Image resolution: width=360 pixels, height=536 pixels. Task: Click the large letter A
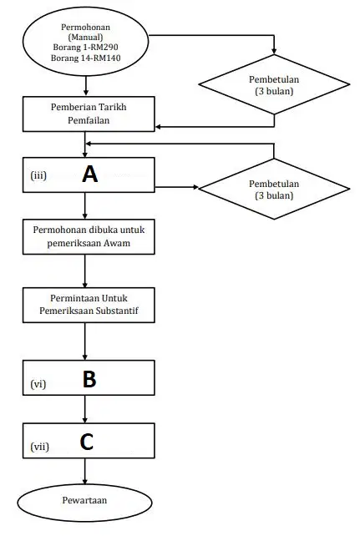point(90,174)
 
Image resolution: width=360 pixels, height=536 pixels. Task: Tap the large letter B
point(89,379)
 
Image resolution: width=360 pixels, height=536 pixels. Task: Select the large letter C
point(87,442)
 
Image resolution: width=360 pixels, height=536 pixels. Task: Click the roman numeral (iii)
point(38,175)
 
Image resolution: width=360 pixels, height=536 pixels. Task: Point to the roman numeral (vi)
point(38,384)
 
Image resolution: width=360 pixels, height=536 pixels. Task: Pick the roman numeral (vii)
point(39,447)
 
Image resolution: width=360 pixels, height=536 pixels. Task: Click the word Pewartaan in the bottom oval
point(85,500)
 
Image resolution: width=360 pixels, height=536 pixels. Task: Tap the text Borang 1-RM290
point(85,48)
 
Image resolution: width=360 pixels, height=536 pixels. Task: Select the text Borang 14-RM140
point(85,58)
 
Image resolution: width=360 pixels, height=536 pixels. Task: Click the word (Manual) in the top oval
point(85,37)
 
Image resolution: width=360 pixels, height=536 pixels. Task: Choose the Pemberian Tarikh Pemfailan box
point(89,114)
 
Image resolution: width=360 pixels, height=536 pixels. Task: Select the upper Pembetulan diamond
point(274,84)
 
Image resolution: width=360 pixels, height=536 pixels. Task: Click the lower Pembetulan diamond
point(274,189)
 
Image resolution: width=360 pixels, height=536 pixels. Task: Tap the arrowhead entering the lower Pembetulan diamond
point(196,187)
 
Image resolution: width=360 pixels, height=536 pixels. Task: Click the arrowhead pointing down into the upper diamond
point(274,51)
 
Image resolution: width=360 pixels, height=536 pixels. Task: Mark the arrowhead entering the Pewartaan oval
point(85,481)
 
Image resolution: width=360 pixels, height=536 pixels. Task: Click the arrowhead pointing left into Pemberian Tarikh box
point(158,127)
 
